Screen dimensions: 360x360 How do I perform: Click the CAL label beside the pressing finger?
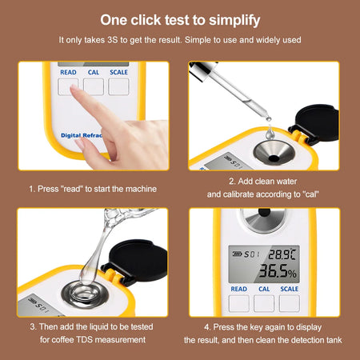coord(94,71)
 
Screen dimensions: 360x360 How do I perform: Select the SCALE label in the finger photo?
coord(118,71)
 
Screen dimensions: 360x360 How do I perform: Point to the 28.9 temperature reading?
coord(280,253)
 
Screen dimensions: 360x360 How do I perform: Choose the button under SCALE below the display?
coord(289,302)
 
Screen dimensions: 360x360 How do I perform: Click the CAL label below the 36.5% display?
coord(263,289)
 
